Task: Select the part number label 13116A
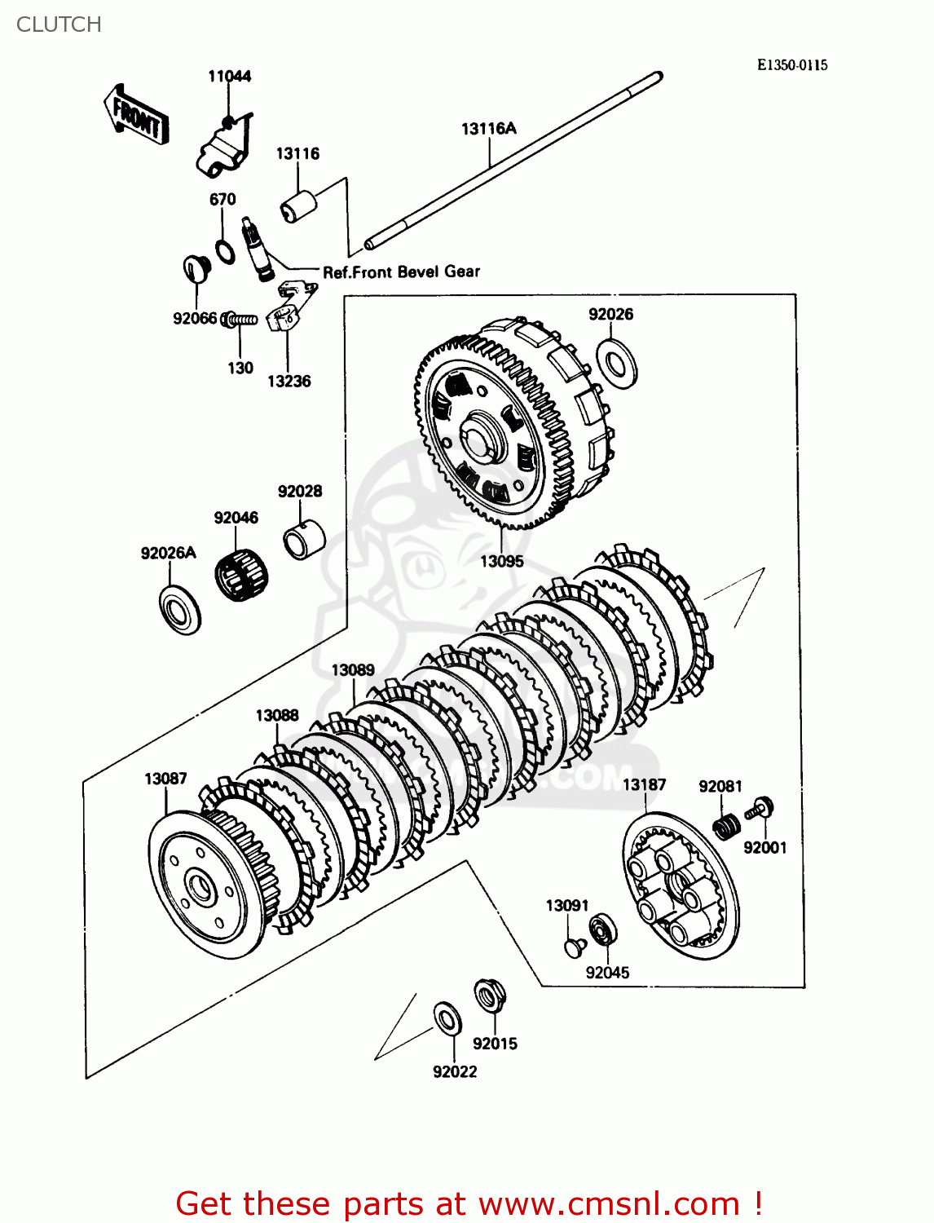488,129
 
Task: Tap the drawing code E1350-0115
791,65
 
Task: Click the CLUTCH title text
59,24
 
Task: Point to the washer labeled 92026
616,363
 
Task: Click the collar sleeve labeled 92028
304,539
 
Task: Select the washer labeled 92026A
180,610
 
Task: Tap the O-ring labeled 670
225,251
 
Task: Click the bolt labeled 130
240,320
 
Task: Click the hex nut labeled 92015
490,996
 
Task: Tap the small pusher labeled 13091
575,946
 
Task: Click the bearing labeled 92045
603,931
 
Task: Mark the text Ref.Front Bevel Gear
401,272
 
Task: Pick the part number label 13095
502,562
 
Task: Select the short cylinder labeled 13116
297,205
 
